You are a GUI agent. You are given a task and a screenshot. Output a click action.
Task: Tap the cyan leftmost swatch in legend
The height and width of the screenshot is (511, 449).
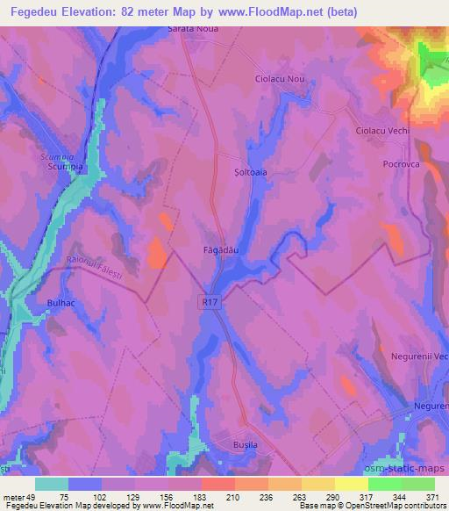pos(53,484)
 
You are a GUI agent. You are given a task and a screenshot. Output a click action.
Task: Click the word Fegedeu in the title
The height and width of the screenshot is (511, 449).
pos(39,11)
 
